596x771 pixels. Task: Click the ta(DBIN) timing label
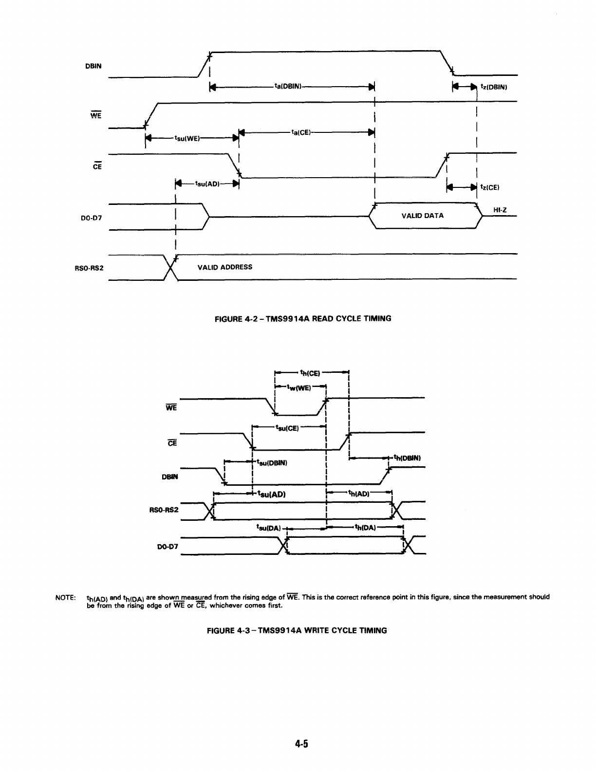pos(289,87)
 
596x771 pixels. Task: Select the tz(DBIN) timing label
pos(494,88)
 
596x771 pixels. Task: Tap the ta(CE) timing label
pos(301,132)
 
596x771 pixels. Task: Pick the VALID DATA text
pos(422,216)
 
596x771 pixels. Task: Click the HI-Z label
pos(501,210)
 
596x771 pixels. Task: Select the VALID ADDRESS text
pos(225,267)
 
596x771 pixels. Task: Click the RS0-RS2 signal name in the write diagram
pos(164,510)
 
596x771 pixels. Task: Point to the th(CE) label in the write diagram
pos(309,374)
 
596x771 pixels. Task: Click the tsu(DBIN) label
pos(272,462)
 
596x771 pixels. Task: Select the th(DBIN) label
pos(406,458)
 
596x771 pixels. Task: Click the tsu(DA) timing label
pos(267,527)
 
